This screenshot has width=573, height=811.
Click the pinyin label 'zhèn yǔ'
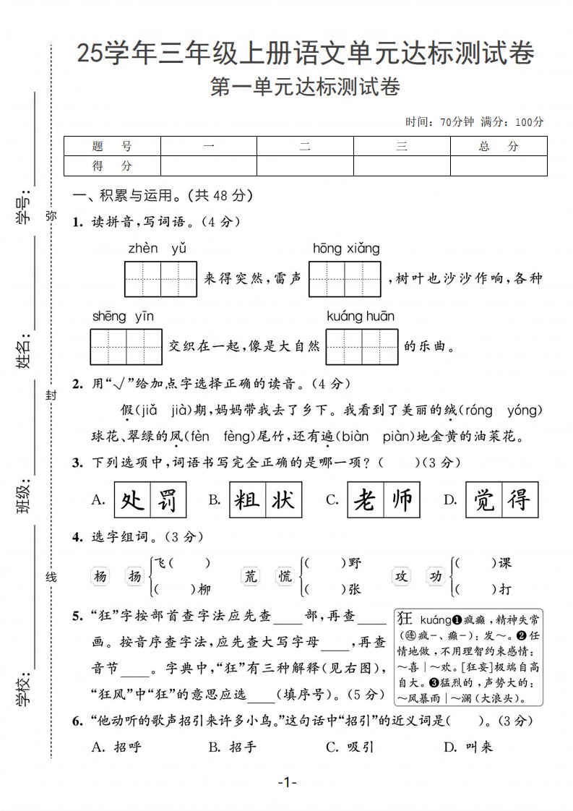point(158,249)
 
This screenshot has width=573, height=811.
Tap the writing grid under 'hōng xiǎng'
point(345,279)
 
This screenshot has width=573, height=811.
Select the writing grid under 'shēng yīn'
point(126,347)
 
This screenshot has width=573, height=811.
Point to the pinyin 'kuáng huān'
point(361,316)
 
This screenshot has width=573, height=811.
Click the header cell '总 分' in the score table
point(499,146)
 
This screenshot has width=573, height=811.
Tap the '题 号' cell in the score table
point(112,146)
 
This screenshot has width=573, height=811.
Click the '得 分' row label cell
point(112,166)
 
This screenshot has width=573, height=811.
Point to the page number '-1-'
point(287,782)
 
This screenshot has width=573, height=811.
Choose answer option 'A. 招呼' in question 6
point(117,747)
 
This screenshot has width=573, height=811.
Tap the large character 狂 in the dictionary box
point(405,619)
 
